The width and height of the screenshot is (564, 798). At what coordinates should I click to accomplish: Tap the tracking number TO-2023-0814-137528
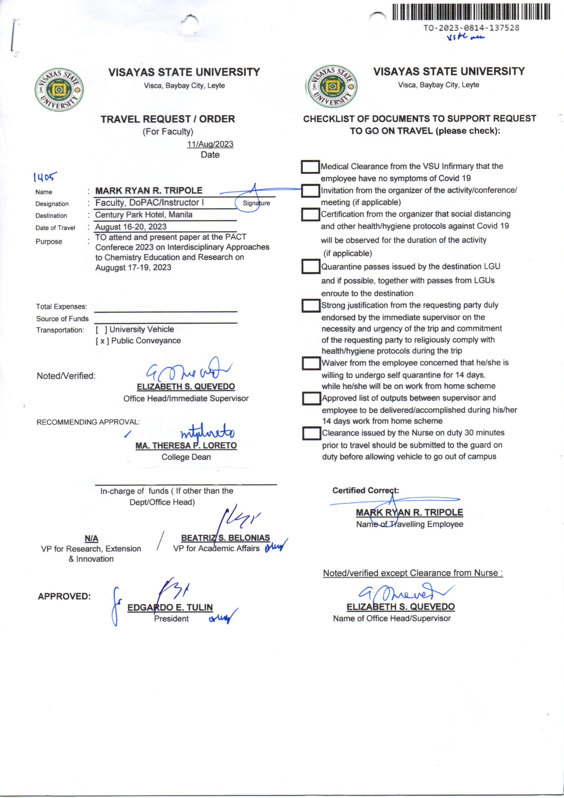[x=471, y=28]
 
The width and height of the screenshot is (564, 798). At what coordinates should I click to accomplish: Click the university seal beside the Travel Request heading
[x=59, y=90]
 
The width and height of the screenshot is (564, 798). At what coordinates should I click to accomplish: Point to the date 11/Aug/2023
[x=210, y=144]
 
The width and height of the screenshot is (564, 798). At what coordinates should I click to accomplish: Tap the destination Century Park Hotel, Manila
[x=144, y=214]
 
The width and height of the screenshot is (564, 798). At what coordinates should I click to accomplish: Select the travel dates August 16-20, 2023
[x=131, y=227]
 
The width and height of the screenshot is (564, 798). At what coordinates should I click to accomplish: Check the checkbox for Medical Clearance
[x=310, y=167]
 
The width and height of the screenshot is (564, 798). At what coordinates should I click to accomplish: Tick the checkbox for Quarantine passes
[x=310, y=267]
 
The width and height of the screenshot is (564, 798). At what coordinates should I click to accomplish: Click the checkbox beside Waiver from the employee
[x=311, y=363]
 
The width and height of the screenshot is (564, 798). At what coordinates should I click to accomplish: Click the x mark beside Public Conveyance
[x=102, y=341]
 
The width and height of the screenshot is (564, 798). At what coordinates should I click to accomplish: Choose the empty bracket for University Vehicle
[x=101, y=329]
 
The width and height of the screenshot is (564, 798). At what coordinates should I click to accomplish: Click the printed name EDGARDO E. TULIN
[x=170, y=607]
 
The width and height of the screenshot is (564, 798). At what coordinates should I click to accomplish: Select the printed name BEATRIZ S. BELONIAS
[x=225, y=538]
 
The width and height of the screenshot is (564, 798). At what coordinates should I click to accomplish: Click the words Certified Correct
[x=365, y=490]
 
